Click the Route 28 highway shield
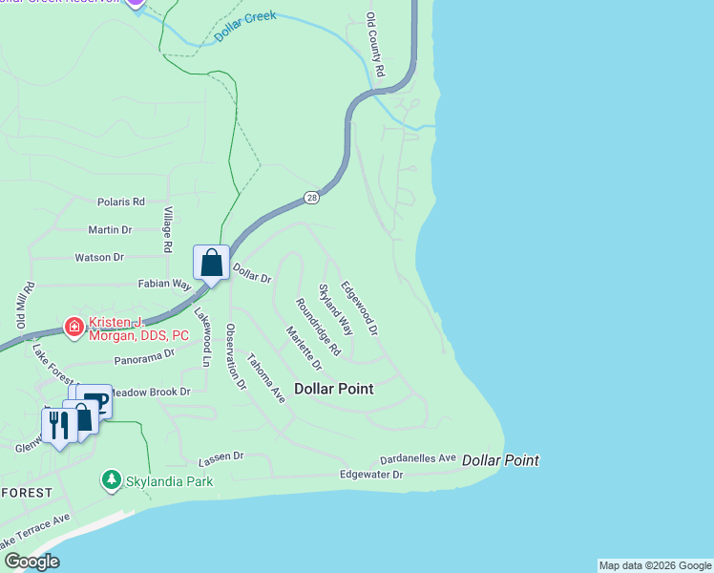[313, 198]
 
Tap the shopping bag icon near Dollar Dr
[211, 263]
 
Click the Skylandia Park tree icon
[112, 478]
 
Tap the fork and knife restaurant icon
[58, 425]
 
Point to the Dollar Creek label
[245, 26]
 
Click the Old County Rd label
[374, 45]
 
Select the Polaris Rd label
[121, 202]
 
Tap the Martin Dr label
[110, 229]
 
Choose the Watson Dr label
[100, 257]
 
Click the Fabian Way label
[165, 284]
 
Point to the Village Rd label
[167, 229]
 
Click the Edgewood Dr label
[360, 307]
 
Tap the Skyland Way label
[335, 309]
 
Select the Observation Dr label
[235, 357]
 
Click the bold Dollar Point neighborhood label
[333, 389]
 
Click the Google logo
[31, 562]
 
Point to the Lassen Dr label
[221, 458]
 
